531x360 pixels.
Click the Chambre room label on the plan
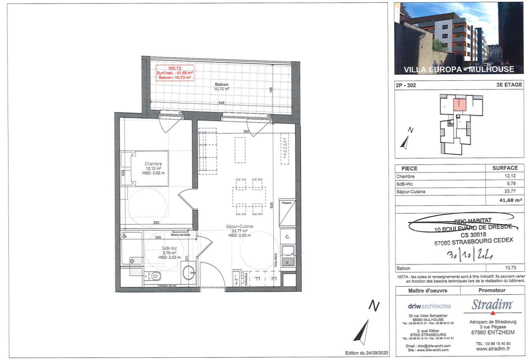153,164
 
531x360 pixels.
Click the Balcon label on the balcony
222,84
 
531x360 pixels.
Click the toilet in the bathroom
154,276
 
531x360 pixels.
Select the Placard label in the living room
286,203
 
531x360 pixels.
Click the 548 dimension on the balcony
221,103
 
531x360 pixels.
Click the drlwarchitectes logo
429,306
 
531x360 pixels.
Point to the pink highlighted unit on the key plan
459,105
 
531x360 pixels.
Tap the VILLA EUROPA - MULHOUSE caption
459,70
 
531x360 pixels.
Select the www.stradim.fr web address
493,349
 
